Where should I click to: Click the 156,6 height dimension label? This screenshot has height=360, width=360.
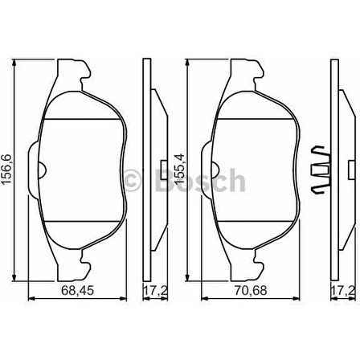click(6, 169)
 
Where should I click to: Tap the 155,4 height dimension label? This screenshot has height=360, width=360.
click(179, 169)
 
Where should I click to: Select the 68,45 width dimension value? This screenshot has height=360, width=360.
click(78, 290)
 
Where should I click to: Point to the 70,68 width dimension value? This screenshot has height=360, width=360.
click(251, 290)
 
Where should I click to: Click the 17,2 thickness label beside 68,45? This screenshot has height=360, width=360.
click(156, 290)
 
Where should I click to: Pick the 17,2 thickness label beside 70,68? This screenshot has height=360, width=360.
click(344, 290)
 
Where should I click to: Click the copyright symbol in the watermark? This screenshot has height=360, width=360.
click(133, 180)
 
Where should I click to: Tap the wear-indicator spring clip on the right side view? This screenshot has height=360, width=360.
click(321, 170)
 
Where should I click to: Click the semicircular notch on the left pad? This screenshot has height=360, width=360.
click(43, 170)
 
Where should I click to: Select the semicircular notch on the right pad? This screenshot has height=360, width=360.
click(216, 170)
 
